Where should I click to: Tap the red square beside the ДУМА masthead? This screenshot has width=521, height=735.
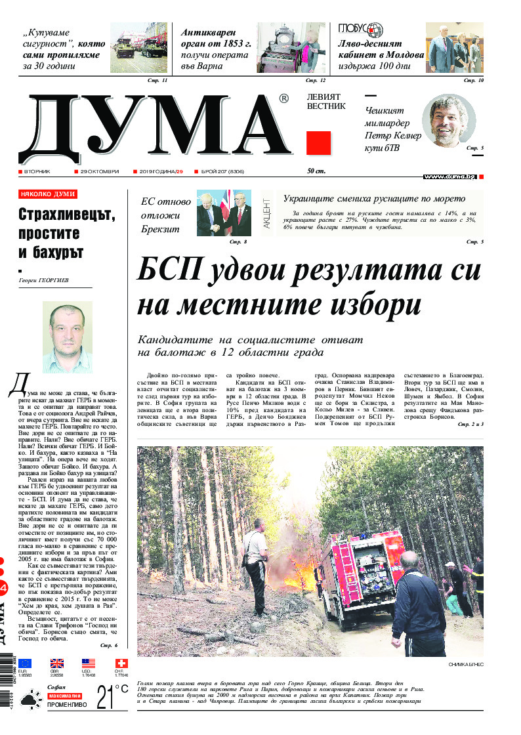click(318, 142)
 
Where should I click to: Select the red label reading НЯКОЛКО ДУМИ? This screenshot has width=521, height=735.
click(48, 194)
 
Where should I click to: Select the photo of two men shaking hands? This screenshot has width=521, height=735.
click(224, 213)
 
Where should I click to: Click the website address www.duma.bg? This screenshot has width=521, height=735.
click(449, 177)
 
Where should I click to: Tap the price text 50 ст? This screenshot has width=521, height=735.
click(316, 171)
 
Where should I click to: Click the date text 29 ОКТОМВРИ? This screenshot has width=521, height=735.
click(96, 171)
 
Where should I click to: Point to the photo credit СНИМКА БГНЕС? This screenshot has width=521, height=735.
click(466, 665)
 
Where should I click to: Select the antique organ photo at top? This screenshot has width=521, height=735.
click(291, 49)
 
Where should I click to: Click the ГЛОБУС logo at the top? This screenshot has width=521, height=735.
click(361, 30)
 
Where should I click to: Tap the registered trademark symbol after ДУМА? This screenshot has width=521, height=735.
click(283, 98)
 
